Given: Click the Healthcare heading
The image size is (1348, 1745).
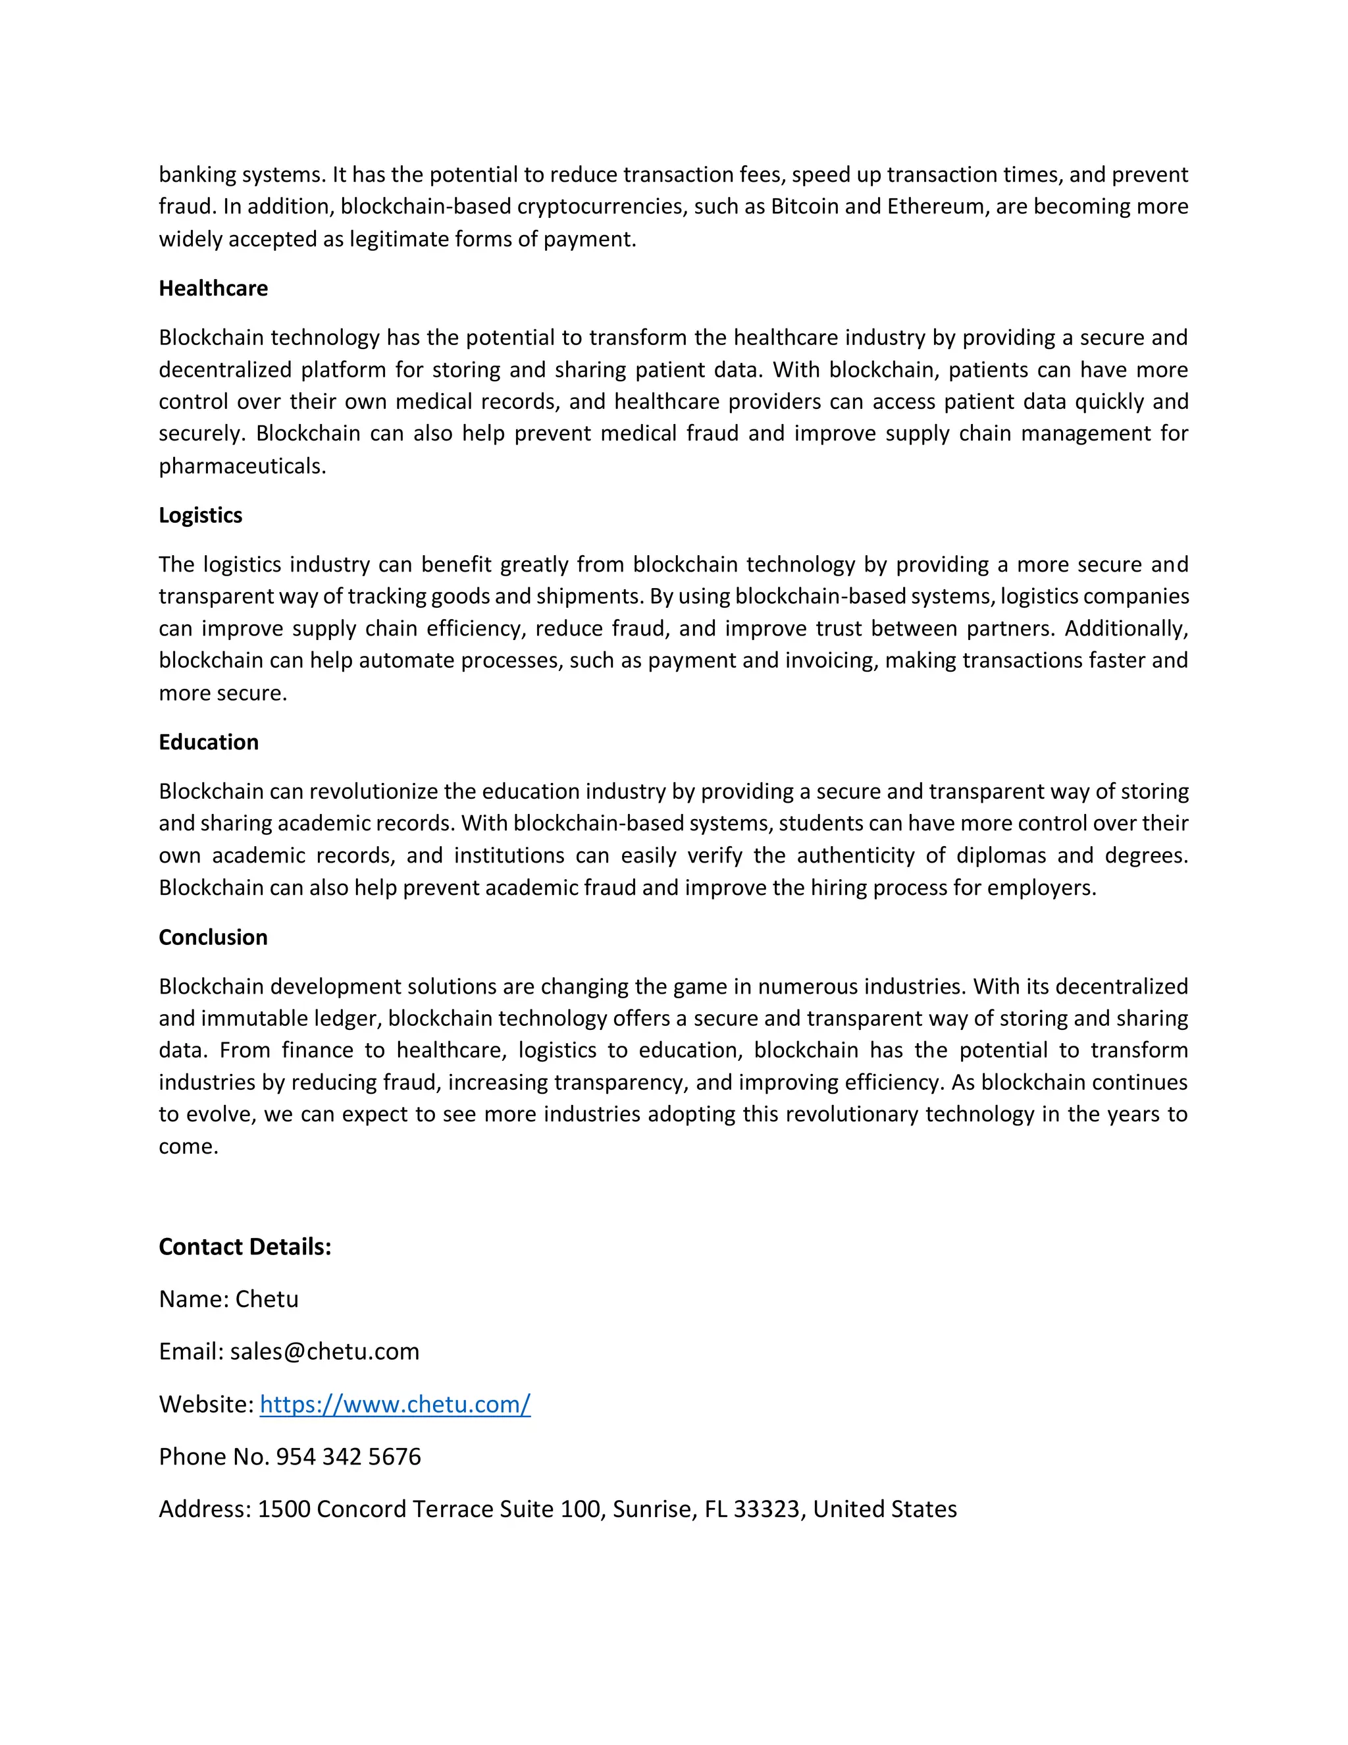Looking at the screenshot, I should (x=213, y=288).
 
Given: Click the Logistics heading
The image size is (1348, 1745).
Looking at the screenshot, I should (x=201, y=516).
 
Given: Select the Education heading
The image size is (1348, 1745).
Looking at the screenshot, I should (x=209, y=742).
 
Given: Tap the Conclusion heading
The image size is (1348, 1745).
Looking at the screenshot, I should (x=213, y=937).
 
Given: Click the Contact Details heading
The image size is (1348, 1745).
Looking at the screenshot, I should (x=244, y=1247).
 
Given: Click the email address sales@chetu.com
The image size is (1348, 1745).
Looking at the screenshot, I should (x=324, y=1352).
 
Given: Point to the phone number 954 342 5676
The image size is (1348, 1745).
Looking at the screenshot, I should (x=348, y=1457).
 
